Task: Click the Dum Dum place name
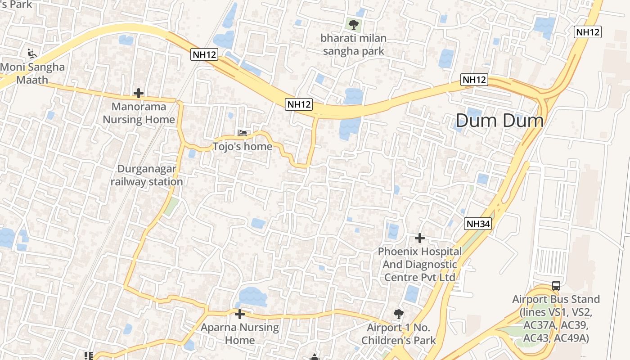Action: [x=499, y=121]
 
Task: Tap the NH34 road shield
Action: [x=478, y=224]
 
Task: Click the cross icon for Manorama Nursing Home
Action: [x=139, y=93]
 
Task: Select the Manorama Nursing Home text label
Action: [x=139, y=113]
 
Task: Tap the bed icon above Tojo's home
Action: [x=243, y=133]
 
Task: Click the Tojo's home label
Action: [x=243, y=146]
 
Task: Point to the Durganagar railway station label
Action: [x=147, y=175]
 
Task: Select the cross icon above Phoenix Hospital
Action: [x=420, y=238]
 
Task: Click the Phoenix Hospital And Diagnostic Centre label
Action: [x=419, y=264]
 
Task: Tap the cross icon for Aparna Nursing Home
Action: [x=240, y=314]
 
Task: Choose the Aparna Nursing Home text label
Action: [x=240, y=333]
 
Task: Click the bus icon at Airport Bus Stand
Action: [x=556, y=285]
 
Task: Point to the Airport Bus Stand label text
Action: [x=556, y=319]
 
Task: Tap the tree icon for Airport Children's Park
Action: [x=398, y=314]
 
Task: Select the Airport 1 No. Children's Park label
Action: [x=399, y=333]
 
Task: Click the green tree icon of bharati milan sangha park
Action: [x=354, y=24]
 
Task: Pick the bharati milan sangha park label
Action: [x=354, y=45]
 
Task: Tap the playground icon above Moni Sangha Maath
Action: [x=31, y=54]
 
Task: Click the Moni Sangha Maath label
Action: [x=32, y=73]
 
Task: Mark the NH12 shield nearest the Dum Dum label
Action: [x=475, y=80]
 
